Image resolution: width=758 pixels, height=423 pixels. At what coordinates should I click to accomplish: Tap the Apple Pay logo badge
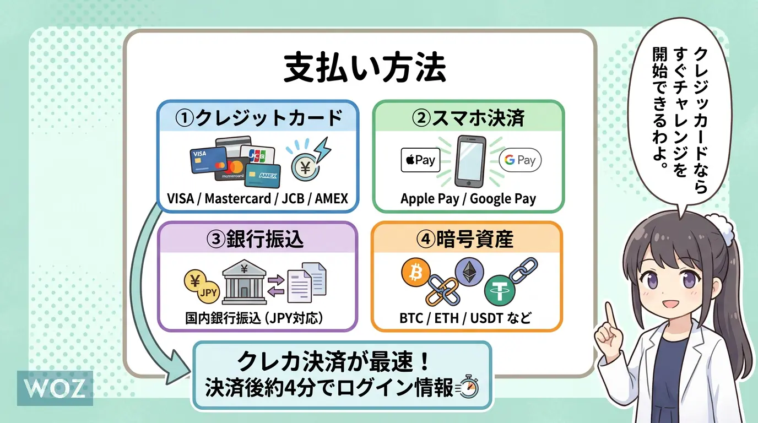[420, 160]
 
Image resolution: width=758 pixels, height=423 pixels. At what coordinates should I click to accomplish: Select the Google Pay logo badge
[520, 160]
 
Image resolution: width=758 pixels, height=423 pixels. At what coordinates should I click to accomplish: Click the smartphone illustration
[470, 161]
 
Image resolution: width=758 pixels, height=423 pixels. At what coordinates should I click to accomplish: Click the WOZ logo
[55, 388]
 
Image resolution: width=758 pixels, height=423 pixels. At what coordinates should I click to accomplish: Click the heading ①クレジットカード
[258, 117]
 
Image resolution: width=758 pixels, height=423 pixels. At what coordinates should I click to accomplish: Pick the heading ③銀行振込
[257, 240]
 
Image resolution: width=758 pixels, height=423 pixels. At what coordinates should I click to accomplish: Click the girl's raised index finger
[610, 314]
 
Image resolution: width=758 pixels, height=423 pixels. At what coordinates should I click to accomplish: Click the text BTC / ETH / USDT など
[465, 318]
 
